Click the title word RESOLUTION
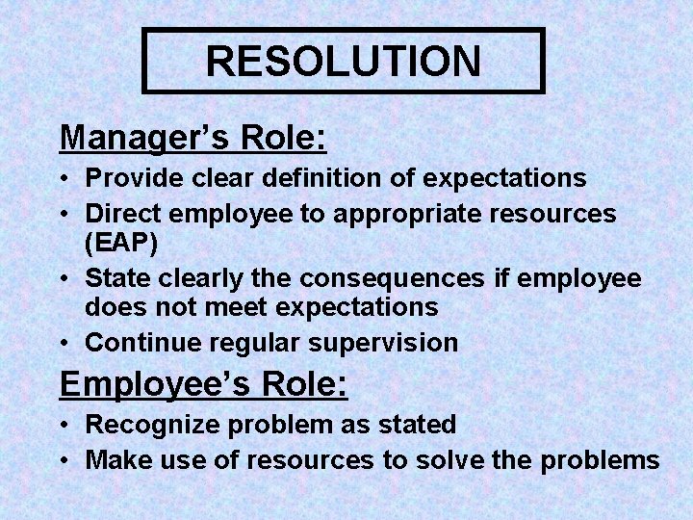click(x=343, y=61)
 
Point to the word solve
click(x=452, y=460)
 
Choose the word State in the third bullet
click(x=115, y=279)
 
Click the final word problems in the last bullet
click(x=601, y=460)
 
